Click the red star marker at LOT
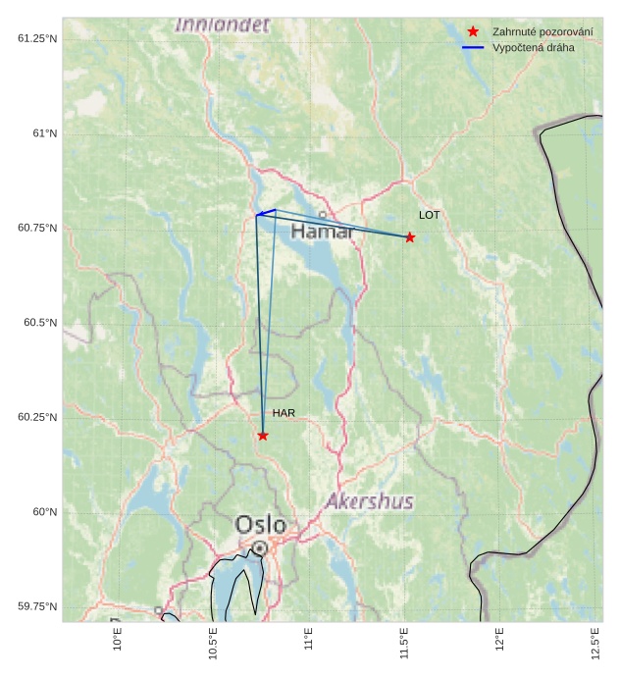pos(410,237)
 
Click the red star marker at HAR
pos(263,436)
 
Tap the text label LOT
pos(430,215)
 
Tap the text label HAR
pos(284,414)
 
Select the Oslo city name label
pos(261,525)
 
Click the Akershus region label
pos(370,502)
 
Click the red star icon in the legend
pos(474,32)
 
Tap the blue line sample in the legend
pos(474,47)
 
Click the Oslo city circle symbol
pos(259,548)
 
